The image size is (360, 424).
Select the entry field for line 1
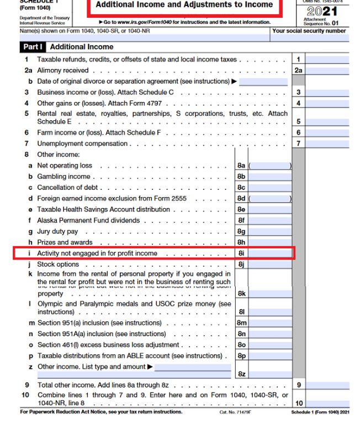327,60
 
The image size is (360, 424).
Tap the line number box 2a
298,71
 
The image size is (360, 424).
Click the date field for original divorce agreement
263,82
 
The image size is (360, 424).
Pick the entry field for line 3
327,93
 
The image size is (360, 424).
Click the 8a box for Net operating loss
241,166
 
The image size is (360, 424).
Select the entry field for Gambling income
270,177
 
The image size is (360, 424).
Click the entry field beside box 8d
270,199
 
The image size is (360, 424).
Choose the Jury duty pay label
57,231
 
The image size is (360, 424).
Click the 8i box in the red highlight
241,253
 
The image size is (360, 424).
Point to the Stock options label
58,264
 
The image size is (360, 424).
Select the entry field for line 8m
270,323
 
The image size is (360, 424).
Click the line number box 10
298,403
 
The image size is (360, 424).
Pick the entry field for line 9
327,385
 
